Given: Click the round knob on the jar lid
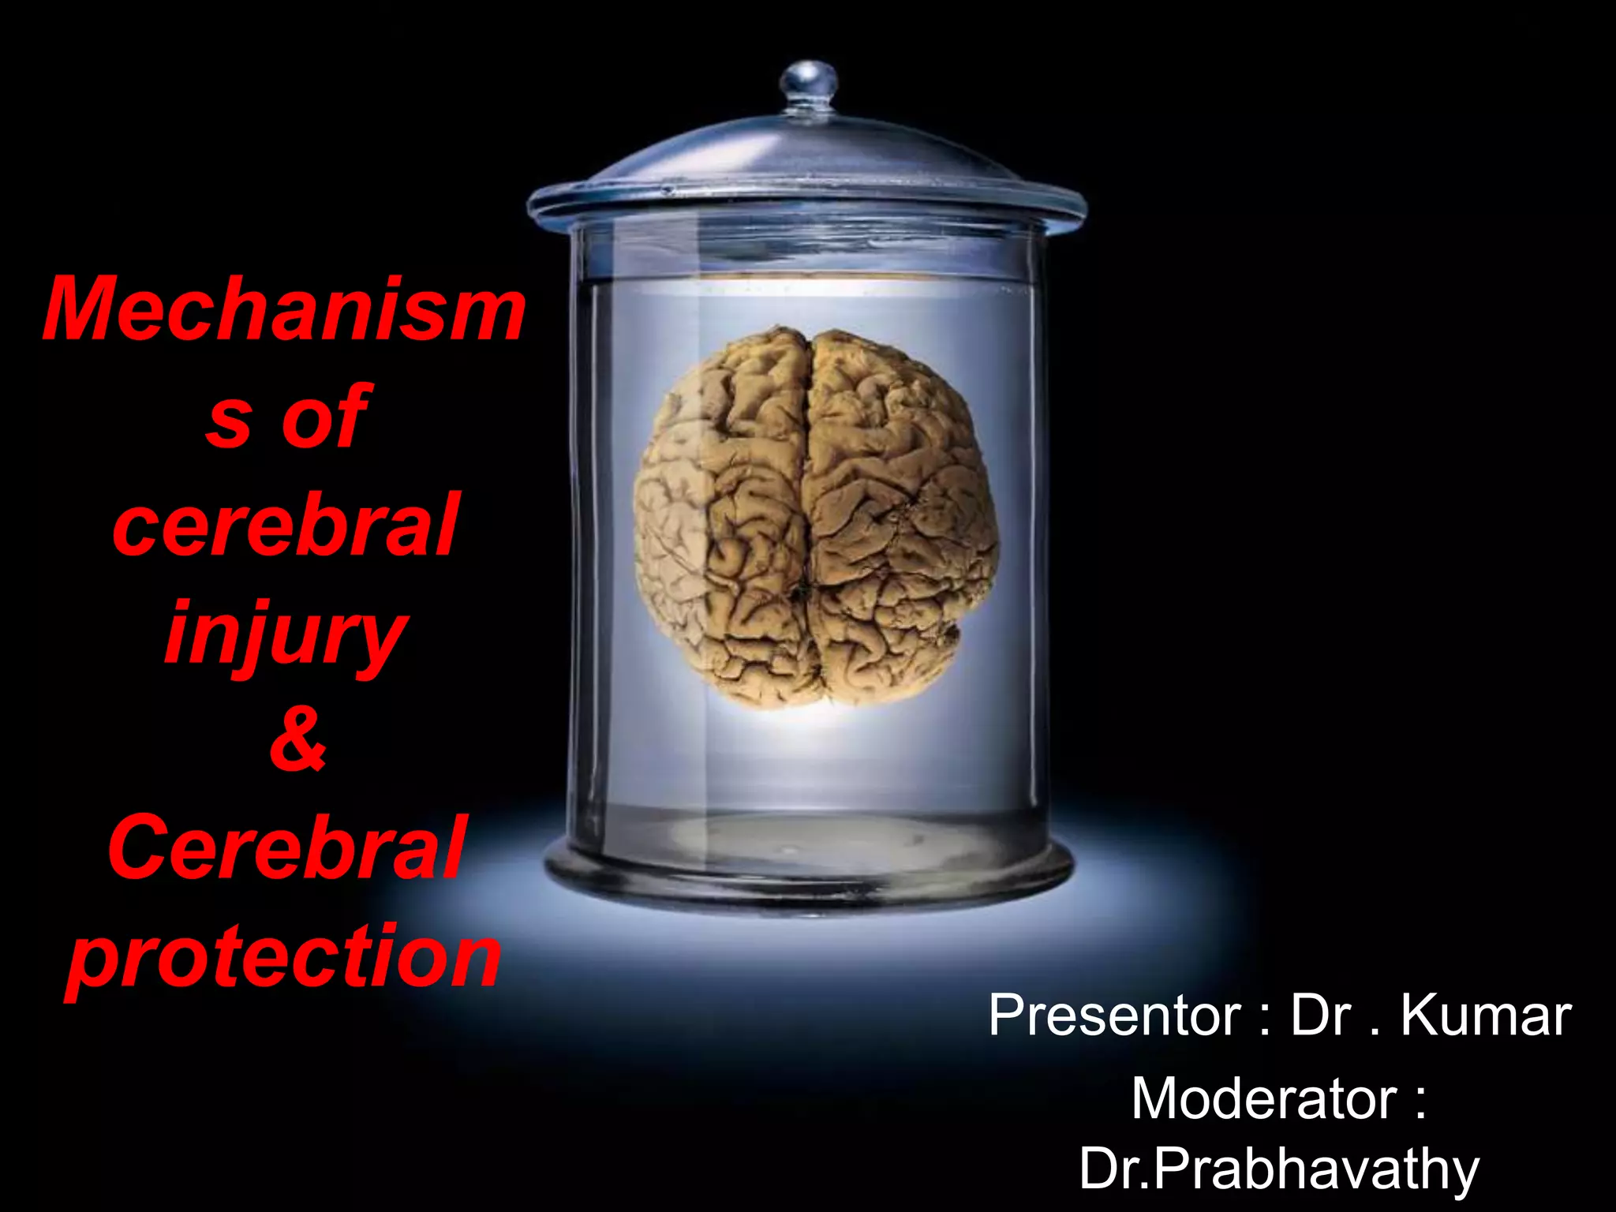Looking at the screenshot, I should pos(808,81).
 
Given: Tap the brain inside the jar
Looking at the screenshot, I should pos(817,517).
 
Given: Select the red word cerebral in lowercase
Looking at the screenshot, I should pos(286,525).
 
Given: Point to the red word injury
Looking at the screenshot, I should pos(286,635).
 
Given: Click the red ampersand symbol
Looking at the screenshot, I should pos(297,739).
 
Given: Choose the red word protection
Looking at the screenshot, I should pos(284,956).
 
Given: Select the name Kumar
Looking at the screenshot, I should pos(1486,1016).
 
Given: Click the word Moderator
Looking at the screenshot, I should pos(1263,1098).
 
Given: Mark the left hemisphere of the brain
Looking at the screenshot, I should pos(722,517).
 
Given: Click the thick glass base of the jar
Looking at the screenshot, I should pos(809,880).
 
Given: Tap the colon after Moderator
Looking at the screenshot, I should pos(1420,1100).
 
